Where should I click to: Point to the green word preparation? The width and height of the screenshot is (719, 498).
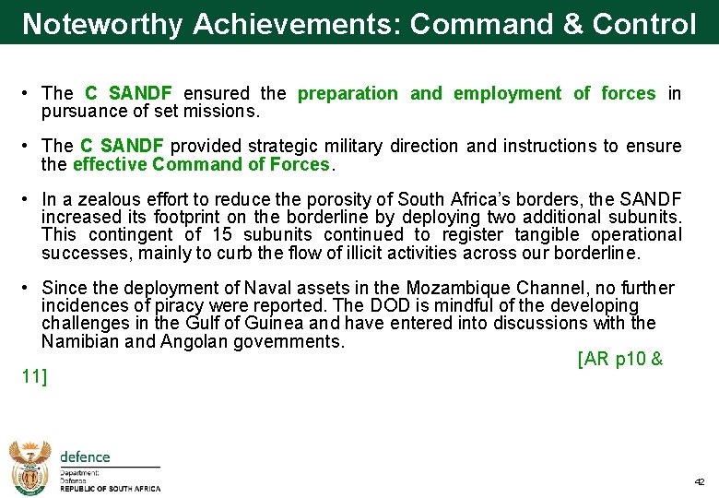tap(348, 93)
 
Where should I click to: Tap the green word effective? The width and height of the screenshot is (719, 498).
tap(111, 165)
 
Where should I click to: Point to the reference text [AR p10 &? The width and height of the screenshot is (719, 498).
tap(619, 360)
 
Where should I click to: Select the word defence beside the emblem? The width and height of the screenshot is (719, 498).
tap(85, 456)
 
